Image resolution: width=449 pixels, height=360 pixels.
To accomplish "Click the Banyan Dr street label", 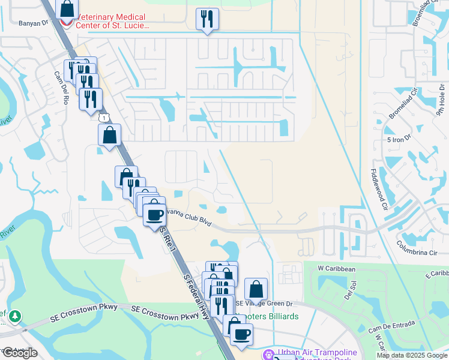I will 32,23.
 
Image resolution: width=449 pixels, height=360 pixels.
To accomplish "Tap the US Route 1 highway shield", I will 104,118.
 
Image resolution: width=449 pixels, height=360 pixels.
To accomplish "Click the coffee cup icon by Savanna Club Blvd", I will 155,214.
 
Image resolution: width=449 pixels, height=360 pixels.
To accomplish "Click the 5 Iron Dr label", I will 398,139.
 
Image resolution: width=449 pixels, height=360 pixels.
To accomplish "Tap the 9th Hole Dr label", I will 442,101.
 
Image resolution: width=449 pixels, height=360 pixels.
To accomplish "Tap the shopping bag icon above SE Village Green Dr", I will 256,289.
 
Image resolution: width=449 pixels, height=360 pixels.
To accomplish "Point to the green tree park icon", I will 14,316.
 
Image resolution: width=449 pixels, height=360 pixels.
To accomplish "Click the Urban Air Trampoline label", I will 317,352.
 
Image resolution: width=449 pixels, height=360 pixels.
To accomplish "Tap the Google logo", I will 20,353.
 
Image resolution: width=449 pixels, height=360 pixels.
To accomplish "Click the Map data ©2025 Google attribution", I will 411,355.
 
